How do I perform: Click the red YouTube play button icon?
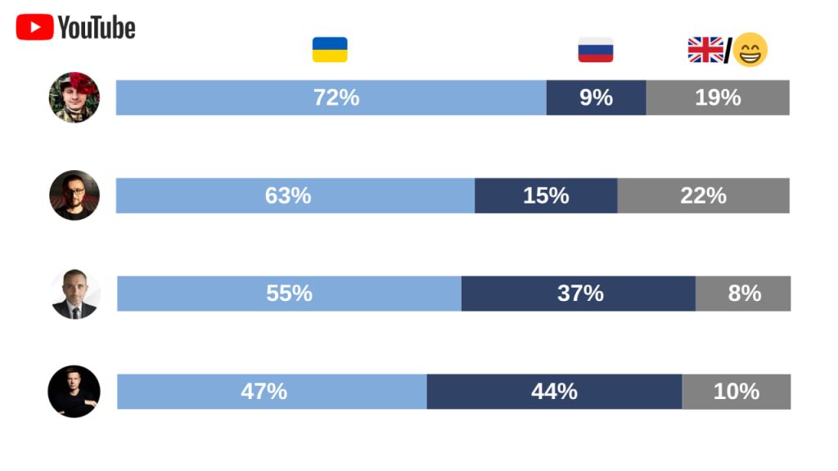[34, 27]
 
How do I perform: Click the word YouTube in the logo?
[97, 28]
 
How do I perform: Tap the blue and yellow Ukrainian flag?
[330, 50]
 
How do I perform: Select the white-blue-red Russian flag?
[596, 50]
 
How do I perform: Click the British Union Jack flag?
[705, 50]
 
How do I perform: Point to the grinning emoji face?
[750, 50]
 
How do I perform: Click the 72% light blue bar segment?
[331, 98]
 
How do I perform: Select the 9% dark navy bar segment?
[597, 98]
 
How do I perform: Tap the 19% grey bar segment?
[718, 98]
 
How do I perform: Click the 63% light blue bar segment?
[295, 195]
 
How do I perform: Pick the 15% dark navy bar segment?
[546, 195]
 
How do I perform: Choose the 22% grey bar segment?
[704, 195]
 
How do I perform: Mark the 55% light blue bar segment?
[289, 294]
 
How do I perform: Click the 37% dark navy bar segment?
[579, 294]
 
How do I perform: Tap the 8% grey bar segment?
[743, 294]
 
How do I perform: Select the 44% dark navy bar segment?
[555, 392]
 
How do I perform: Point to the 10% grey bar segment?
[737, 392]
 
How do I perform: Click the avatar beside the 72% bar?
[74, 97]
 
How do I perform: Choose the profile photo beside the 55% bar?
[74, 294]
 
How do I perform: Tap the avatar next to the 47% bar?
[74, 392]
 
